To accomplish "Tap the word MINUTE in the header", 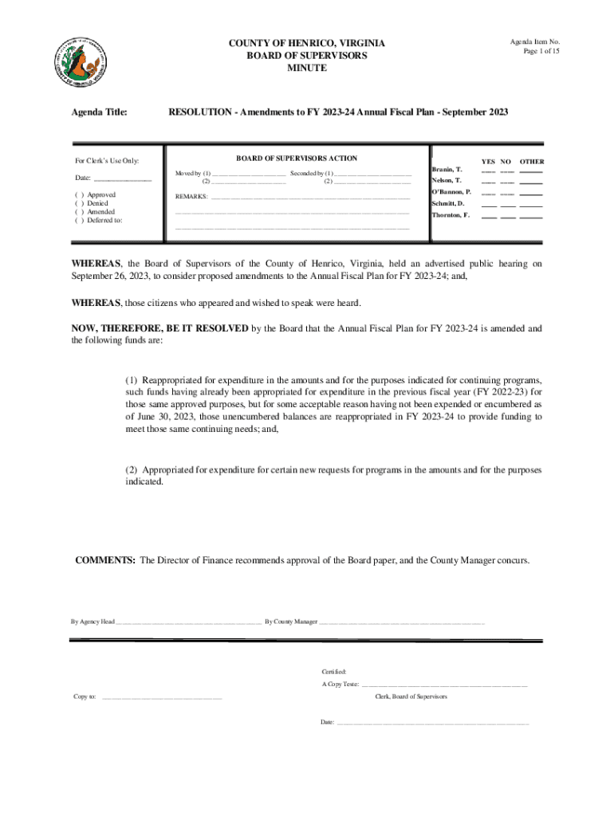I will click(x=307, y=69).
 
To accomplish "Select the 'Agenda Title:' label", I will click(x=101, y=113).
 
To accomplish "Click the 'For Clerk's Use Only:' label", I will click(x=107, y=161).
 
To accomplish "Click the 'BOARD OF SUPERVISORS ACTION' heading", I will click(x=297, y=159).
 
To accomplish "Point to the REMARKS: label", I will click(x=191, y=196).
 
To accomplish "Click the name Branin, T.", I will click(x=447, y=170).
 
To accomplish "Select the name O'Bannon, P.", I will click(x=451, y=192).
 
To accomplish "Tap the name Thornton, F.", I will click(x=451, y=215).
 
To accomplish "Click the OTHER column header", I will click(x=532, y=161).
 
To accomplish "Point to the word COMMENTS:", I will click(x=104, y=560).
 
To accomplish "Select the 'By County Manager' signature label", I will click(x=291, y=621).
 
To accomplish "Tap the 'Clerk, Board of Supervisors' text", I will click(x=411, y=696).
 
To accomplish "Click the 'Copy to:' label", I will click(x=85, y=696).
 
